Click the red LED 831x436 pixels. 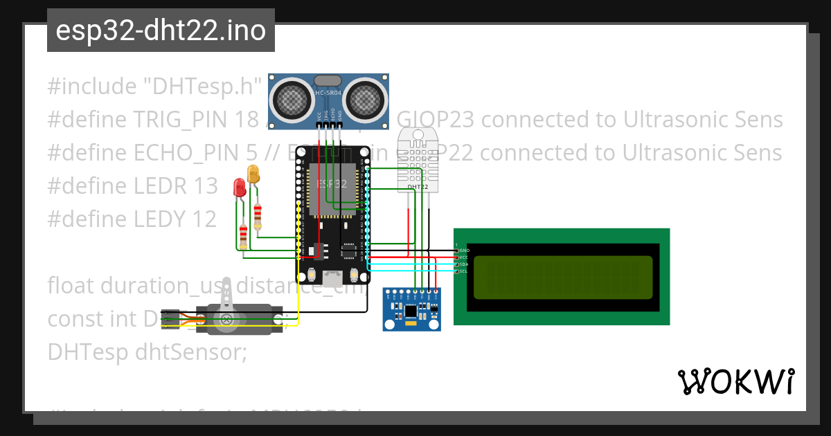240,187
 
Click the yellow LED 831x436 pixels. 253,174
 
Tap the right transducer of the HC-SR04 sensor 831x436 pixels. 366,99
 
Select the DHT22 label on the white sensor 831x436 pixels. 418,187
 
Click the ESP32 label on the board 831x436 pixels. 332,184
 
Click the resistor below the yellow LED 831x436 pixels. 258,216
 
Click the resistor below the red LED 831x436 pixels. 243,236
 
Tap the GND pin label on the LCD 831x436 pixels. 464,251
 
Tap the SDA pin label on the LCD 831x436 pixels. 464,264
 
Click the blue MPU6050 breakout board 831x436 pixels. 412,309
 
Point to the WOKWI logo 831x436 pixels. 736,381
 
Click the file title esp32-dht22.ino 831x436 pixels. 161,31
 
